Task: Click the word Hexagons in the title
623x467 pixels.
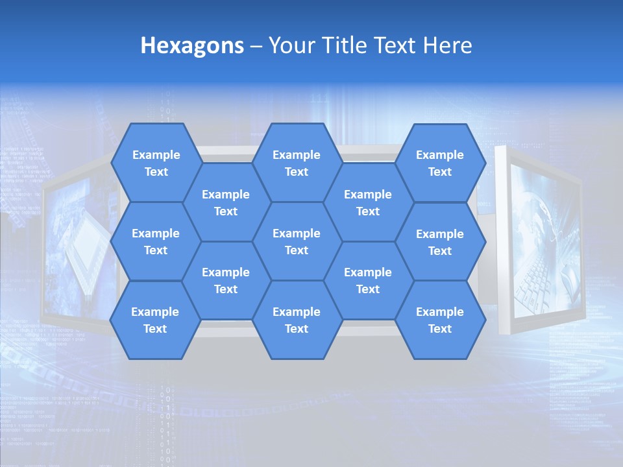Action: point(192,45)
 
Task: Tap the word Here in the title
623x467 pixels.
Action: point(447,45)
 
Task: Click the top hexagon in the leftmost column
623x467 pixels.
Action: point(156,163)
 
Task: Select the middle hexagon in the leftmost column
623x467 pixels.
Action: point(156,241)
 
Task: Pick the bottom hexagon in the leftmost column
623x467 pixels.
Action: point(155,320)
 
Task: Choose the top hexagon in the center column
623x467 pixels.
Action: point(297,163)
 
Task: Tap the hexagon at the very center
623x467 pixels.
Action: point(297,241)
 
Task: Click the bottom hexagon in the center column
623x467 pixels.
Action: point(297,320)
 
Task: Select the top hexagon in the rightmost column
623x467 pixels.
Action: point(440,163)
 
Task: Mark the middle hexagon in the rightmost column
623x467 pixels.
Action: point(440,242)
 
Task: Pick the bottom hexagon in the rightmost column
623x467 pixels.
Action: point(440,320)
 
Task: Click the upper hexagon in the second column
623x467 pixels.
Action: point(226,202)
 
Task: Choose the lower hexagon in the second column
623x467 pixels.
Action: point(226,280)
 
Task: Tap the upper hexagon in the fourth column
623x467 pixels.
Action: point(368,202)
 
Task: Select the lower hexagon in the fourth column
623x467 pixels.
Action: point(368,280)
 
